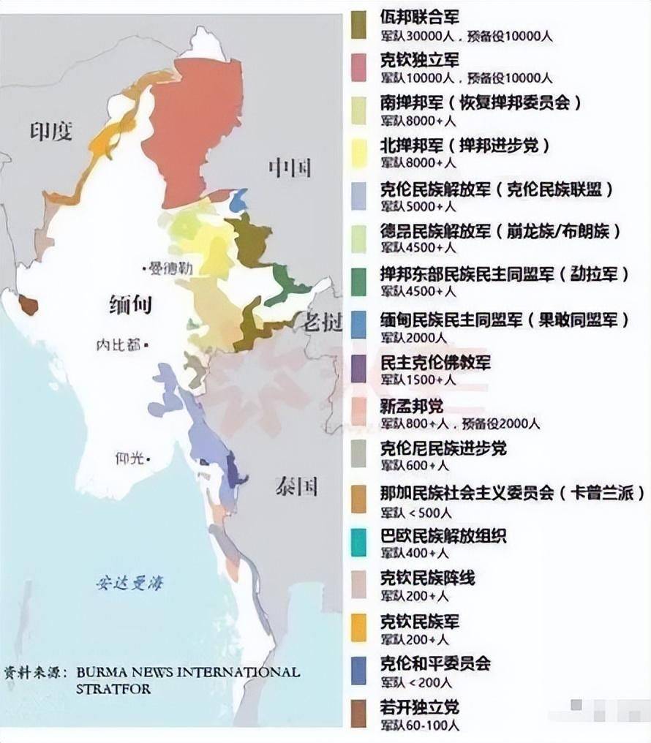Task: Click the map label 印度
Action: (x=51, y=132)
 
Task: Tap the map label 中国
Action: (x=290, y=168)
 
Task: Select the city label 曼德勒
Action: (x=170, y=268)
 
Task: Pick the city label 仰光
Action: (x=131, y=459)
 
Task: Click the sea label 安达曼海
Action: (x=129, y=583)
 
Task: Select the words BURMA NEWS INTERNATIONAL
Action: (x=186, y=672)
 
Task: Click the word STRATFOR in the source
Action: (x=113, y=689)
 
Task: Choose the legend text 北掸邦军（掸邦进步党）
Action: (x=464, y=146)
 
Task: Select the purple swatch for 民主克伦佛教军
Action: (x=358, y=369)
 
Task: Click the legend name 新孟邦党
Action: (x=412, y=406)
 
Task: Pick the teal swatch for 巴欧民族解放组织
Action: (x=358, y=541)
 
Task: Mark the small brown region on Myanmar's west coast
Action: (x=28, y=304)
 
